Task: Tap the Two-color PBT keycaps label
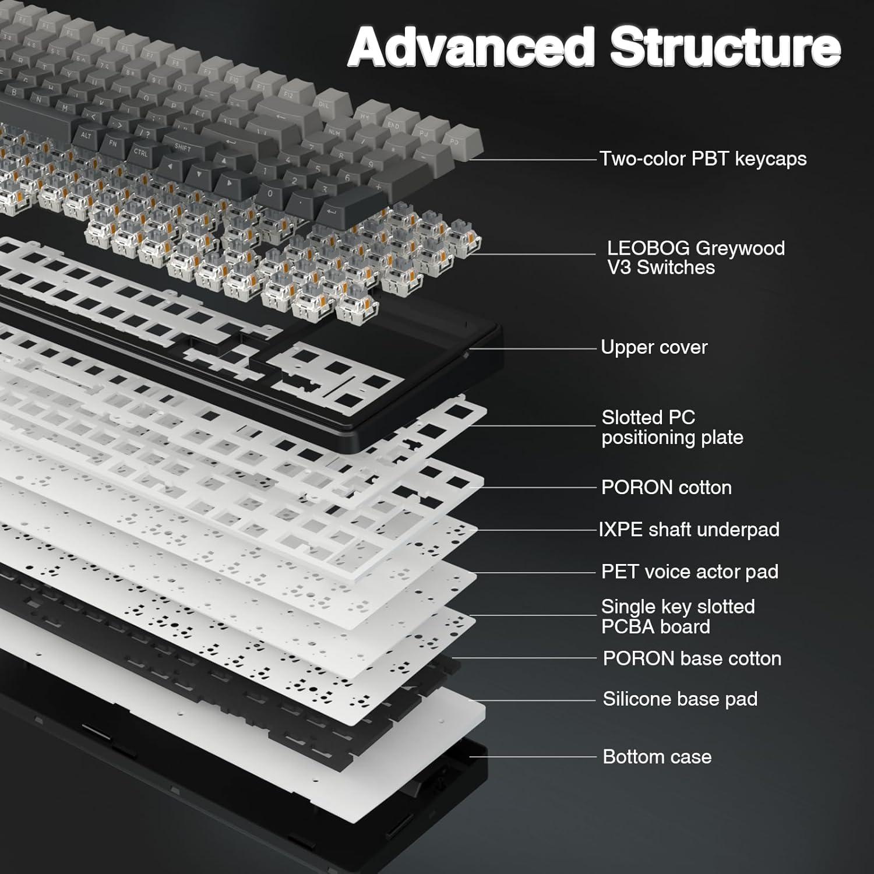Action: coord(703,158)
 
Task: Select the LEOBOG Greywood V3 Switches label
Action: coord(695,258)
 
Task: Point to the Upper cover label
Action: coord(654,347)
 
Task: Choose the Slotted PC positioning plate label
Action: coord(672,427)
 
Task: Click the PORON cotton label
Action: coord(666,487)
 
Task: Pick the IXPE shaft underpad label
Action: coord(689,529)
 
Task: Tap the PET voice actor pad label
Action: coord(689,572)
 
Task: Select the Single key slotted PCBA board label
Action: coord(678,616)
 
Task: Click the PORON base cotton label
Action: coord(692,658)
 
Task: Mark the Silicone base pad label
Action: coord(680,699)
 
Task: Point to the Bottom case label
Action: coord(657,757)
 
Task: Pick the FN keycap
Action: coord(112,143)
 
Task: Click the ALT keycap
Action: coord(86,136)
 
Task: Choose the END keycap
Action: coord(394,125)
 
